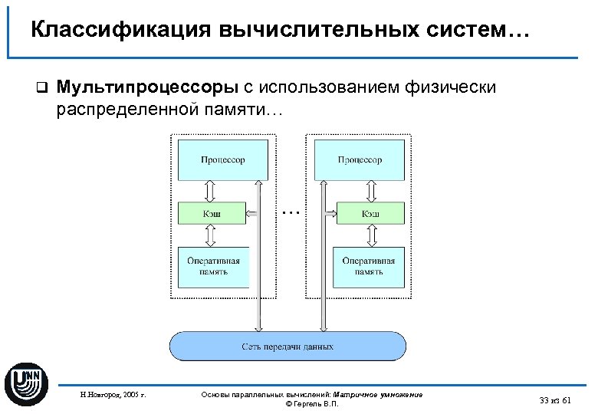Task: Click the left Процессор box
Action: (222, 159)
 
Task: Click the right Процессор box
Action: (359, 159)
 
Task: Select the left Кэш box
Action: (212, 213)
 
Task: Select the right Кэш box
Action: (370, 213)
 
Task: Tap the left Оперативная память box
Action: (214, 266)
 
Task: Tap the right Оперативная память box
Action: (368, 266)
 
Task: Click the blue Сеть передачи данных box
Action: (287, 346)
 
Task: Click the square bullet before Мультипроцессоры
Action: (42, 88)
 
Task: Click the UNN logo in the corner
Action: (27, 383)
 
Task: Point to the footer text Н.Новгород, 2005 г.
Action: (113, 396)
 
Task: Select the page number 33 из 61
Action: (555, 399)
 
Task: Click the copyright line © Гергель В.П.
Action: (311, 404)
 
